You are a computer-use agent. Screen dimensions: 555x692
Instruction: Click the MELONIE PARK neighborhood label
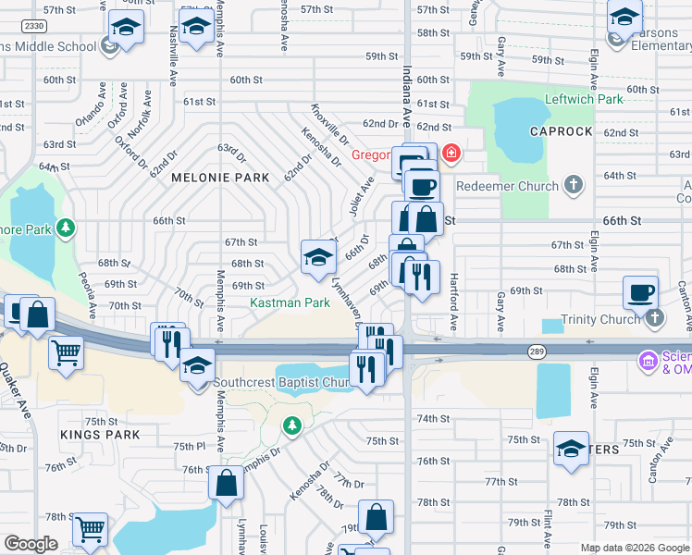pos(220,178)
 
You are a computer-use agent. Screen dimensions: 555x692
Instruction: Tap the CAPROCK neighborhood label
pos(561,131)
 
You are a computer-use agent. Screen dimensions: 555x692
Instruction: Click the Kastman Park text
pos(290,302)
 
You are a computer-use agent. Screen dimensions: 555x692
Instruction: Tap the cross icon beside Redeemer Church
pos(574,185)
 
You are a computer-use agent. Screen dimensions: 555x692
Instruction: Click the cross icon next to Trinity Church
pos(655,319)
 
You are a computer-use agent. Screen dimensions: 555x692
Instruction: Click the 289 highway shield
pos(537,351)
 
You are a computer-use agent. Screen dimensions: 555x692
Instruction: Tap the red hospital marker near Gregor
pos(451,153)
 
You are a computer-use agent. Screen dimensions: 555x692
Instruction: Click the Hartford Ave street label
pos(454,302)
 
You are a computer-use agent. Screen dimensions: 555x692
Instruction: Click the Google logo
pos(31,544)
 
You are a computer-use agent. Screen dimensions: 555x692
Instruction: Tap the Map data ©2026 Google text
pos(634,548)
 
